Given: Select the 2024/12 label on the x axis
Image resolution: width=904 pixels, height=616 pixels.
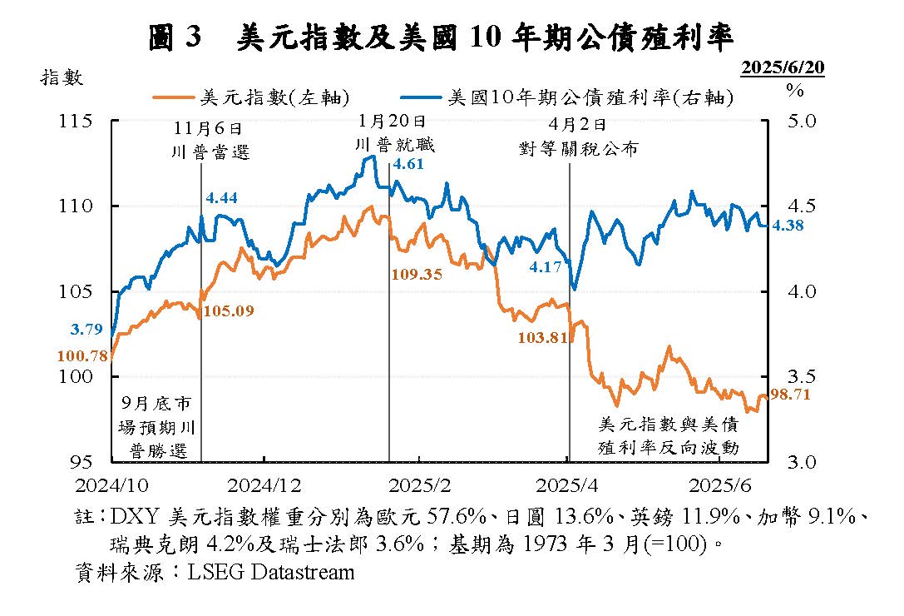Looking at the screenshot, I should point(264,484).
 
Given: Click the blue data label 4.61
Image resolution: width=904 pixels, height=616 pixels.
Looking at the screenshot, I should point(408,164).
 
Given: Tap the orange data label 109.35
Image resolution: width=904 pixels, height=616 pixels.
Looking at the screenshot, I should point(416,274).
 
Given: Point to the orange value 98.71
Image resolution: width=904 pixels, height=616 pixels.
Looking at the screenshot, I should point(790,394).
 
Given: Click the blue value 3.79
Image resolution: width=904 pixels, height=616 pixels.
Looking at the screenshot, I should point(86,330).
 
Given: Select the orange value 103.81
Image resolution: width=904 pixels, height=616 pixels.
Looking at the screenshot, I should point(542,337).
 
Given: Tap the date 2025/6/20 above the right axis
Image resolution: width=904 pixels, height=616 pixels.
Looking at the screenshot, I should point(783,67).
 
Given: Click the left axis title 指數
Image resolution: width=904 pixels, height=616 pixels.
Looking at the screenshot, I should point(61,77).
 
